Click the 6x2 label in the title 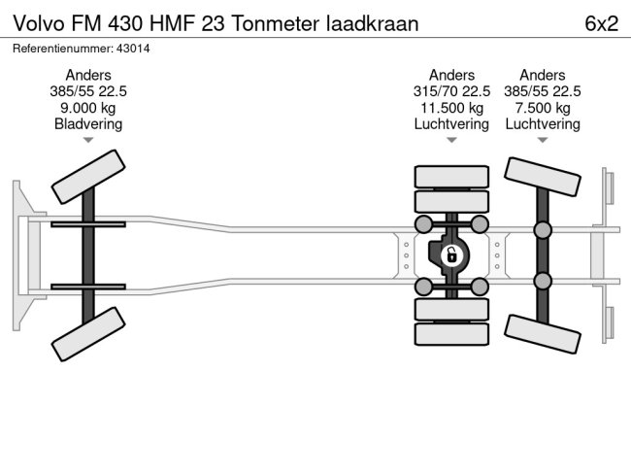pyautogui.click(x=601, y=24)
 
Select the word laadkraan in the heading pyautogui.click(x=371, y=24)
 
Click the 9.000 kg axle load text pyautogui.click(x=88, y=108)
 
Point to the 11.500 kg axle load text pyautogui.click(x=451, y=108)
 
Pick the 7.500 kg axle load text pyautogui.click(x=542, y=108)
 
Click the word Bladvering pyautogui.click(x=88, y=124)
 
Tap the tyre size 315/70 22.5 pyautogui.click(x=451, y=91)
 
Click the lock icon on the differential pyautogui.click(x=451, y=255)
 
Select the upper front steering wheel pyautogui.click(x=87, y=178)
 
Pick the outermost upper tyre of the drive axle pyautogui.click(x=451, y=177)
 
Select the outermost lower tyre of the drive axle pyautogui.click(x=451, y=335)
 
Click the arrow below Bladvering pyautogui.click(x=88, y=140)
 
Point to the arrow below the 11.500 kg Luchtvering pyautogui.click(x=451, y=140)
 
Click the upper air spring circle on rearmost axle pyautogui.click(x=542, y=230)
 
